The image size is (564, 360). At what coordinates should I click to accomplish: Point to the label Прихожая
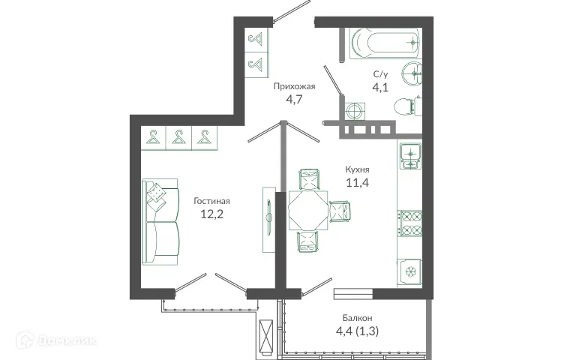click(294, 86)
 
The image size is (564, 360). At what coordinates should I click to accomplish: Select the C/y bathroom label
click(380, 74)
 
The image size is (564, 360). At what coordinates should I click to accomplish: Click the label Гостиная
click(211, 200)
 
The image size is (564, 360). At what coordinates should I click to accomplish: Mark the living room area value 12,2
click(211, 214)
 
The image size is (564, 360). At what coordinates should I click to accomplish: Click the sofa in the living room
click(160, 222)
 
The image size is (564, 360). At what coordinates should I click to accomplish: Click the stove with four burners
click(411, 221)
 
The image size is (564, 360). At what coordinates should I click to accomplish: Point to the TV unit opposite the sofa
click(267, 218)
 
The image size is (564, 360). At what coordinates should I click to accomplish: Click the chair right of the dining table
click(340, 211)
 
